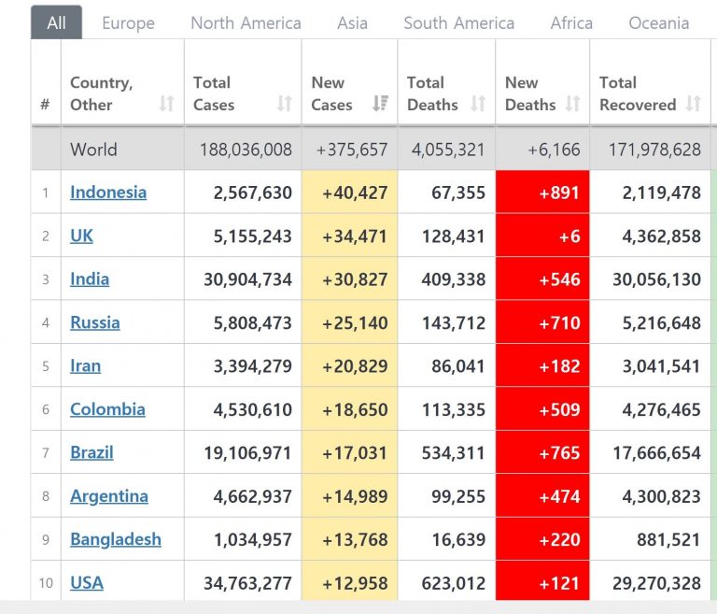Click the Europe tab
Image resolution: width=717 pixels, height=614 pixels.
point(129,23)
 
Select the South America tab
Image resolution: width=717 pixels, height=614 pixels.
point(458,23)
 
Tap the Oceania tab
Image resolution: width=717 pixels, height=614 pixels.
point(658,23)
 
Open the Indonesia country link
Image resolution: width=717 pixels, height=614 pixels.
point(108,193)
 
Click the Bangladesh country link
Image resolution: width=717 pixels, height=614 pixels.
point(116,539)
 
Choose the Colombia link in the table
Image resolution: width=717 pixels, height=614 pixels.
point(107,409)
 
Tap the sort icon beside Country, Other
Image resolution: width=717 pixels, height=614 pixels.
point(166,104)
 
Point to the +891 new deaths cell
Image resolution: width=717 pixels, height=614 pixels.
point(559,193)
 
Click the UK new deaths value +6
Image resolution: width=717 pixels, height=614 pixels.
point(569,236)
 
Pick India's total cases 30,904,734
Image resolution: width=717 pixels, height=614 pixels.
point(247,279)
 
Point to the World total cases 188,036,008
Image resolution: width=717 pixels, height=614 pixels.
point(246,150)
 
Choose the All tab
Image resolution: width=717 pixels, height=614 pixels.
point(56,23)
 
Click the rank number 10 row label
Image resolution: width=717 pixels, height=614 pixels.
point(46,583)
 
